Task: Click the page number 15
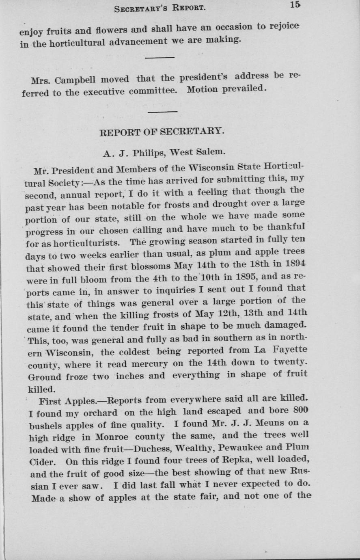295,5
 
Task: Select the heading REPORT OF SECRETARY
162,132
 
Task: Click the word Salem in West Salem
210,152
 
